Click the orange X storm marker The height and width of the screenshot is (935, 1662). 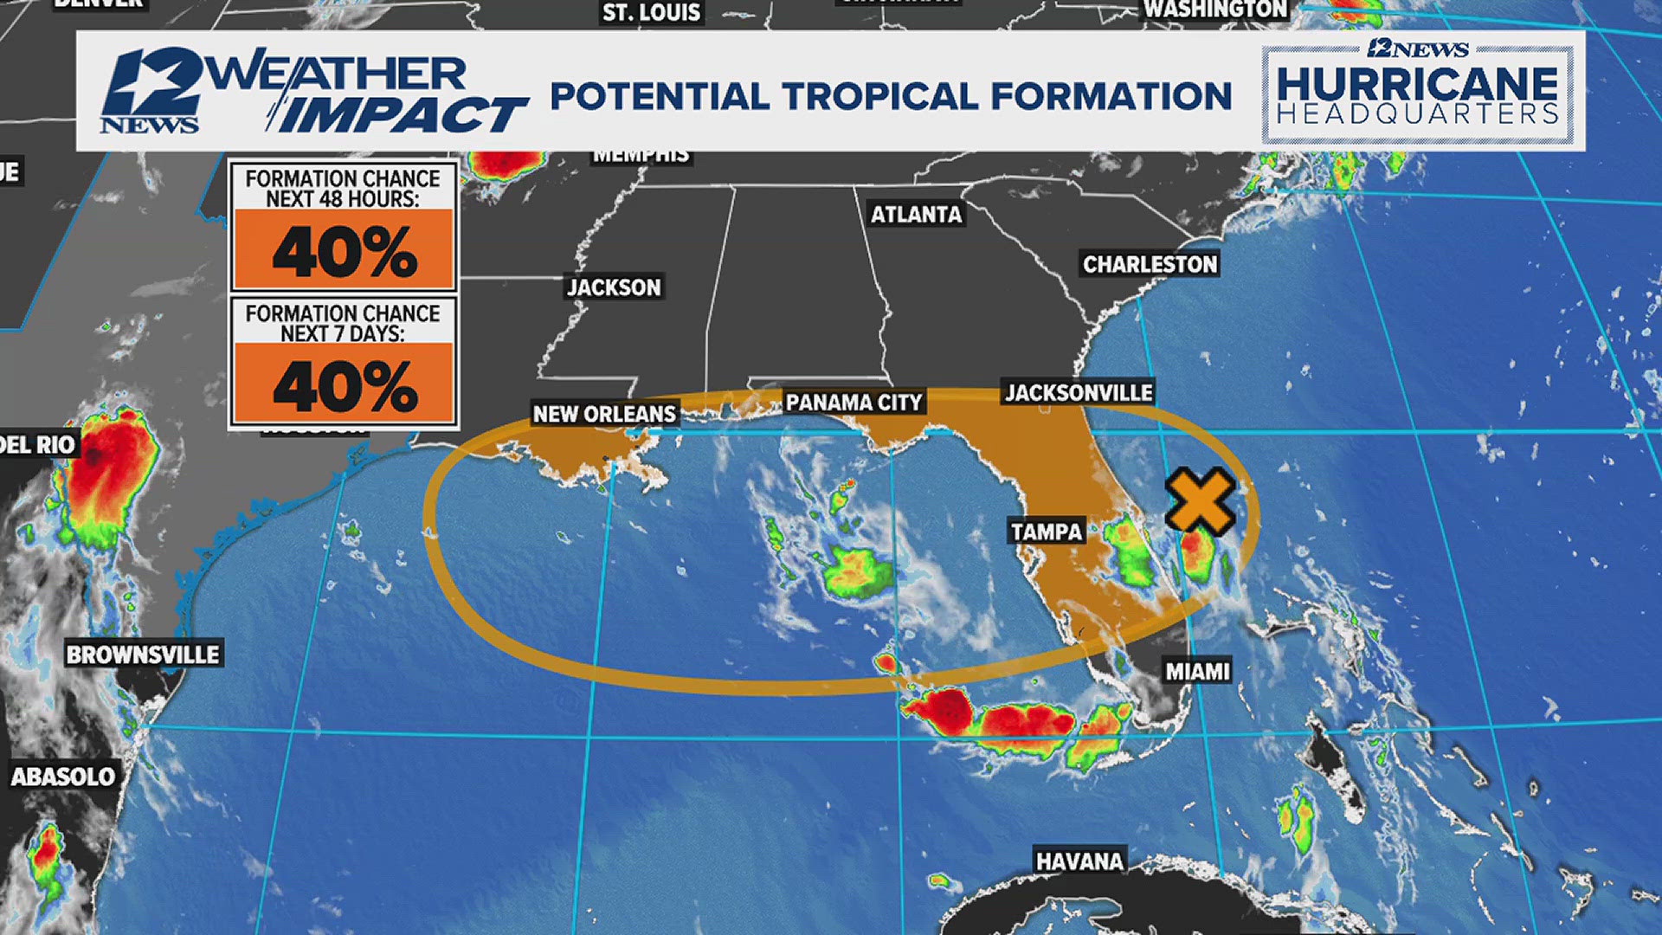click(x=1200, y=500)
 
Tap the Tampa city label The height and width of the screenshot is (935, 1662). click(x=1047, y=532)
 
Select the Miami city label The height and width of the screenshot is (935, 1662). click(x=1197, y=671)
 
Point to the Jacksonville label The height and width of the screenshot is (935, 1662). click(x=1079, y=393)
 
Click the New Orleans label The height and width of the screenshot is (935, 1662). click(x=603, y=414)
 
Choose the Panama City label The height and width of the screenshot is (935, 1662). click(x=854, y=403)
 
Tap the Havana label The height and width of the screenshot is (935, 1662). click(x=1079, y=861)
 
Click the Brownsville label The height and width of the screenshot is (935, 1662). click(x=143, y=654)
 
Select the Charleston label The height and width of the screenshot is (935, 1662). click(x=1150, y=264)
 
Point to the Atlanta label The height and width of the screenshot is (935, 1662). click(x=916, y=214)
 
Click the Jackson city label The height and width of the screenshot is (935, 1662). click(x=614, y=287)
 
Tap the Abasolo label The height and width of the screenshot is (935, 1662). click(x=62, y=777)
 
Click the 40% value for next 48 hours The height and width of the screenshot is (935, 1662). click(x=344, y=252)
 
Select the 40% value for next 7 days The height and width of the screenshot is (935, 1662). click(x=344, y=386)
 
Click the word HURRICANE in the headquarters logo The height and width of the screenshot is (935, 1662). click(x=1417, y=84)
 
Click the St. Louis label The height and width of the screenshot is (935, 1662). click(x=651, y=12)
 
